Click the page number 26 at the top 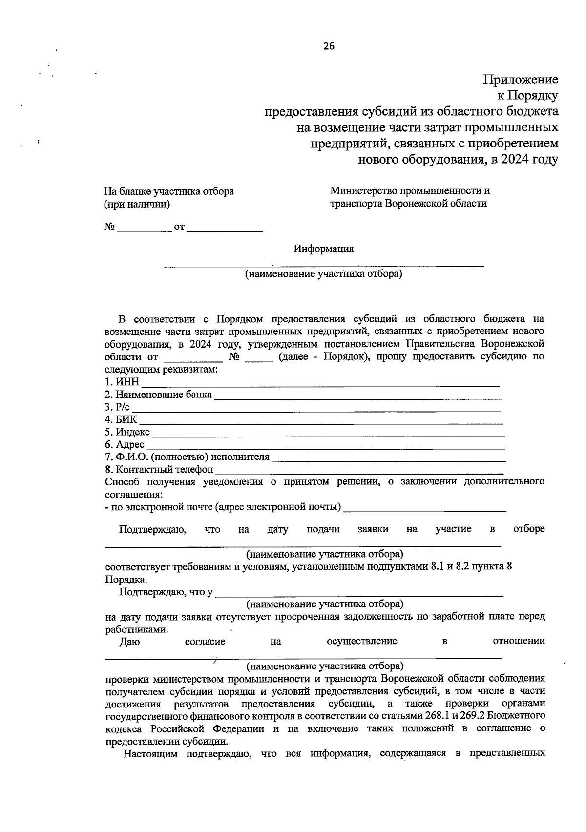pos(329,46)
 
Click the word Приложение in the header pos(521,80)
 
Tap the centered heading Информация pos(323,249)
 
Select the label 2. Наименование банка pos(158,395)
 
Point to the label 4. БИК pos(121,419)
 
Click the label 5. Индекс pos(127,432)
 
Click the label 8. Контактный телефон pos(159,470)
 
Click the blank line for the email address pos(425,510)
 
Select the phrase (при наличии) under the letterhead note pos(137,205)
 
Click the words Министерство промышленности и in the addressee pos(410,191)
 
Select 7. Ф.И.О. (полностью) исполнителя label pos(187,457)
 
